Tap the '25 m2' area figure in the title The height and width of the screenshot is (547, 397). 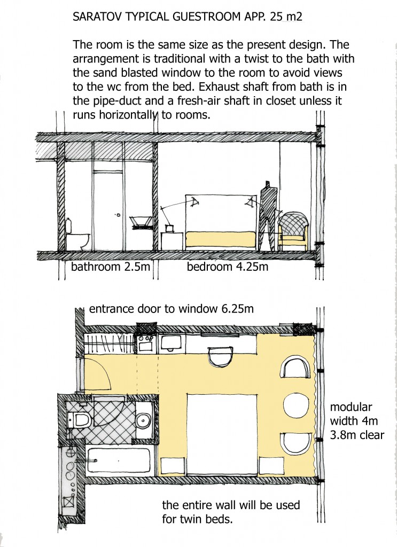286,17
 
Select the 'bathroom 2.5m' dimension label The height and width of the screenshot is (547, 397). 111,267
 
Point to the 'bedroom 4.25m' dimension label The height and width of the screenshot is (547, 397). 228,267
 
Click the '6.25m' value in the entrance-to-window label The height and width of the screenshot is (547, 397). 238,309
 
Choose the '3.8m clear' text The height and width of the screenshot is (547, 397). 357,435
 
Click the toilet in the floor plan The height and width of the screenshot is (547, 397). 80,420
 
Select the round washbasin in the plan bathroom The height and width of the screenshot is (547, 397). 143,420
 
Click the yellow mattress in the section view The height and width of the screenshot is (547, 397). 221,240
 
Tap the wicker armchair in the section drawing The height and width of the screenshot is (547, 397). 294,231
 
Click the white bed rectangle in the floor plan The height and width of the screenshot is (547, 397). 222,434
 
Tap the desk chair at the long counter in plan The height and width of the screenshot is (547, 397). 220,356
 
